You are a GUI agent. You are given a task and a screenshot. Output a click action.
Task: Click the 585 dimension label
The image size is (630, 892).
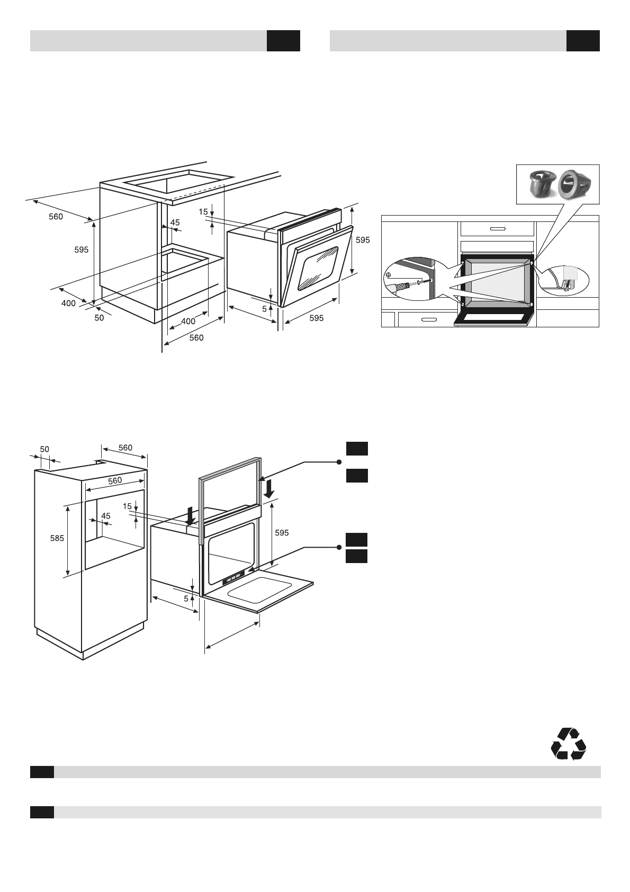tap(57, 538)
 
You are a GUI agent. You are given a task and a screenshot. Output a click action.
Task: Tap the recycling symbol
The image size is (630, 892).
tap(568, 744)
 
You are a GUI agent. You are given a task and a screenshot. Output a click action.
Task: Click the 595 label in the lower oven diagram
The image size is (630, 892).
tap(282, 533)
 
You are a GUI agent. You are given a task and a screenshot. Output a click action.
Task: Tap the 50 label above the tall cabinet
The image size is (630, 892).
tap(44, 449)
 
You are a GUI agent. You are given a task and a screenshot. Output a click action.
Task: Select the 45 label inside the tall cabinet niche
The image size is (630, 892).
tap(106, 515)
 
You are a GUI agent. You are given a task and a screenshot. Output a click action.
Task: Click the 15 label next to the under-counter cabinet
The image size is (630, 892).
tap(203, 211)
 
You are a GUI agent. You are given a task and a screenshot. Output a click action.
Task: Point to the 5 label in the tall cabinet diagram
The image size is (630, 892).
tap(186, 599)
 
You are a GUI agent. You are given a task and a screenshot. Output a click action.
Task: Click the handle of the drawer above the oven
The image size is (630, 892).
tap(497, 229)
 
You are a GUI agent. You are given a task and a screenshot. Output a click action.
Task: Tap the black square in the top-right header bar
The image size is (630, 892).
tap(583, 41)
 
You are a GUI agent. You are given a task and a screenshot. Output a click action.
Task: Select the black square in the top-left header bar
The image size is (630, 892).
tap(283, 41)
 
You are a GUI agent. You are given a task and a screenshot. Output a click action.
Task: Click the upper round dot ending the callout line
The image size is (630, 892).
tap(339, 462)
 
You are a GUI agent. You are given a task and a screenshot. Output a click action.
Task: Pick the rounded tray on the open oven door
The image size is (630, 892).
tap(259, 589)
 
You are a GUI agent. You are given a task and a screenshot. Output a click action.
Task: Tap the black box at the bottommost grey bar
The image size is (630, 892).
tap(42, 813)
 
